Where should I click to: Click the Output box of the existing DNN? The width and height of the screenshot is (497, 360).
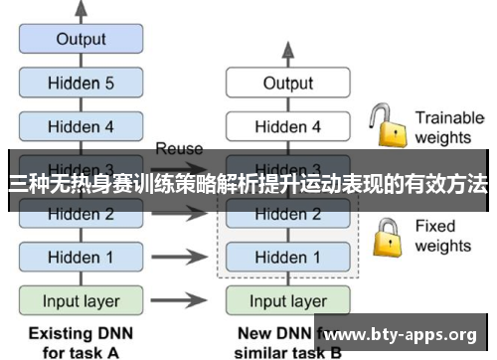tap(82, 41)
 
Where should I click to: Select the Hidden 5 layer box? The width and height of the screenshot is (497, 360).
tap(82, 85)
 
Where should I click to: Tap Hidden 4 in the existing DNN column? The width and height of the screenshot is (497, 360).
tap(82, 126)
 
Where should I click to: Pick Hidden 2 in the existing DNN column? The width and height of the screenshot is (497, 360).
tap(82, 214)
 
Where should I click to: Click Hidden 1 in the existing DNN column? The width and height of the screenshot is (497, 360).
tap(82, 258)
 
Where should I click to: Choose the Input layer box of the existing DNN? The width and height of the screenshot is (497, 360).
tap(82, 300)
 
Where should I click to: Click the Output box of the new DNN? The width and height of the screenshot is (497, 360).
tap(287, 85)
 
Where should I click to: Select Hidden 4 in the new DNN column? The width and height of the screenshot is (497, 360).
tap(287, 126)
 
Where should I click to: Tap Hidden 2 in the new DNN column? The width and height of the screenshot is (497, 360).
tap(287, 214)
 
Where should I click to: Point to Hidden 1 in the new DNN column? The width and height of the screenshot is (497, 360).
tap(287, 258)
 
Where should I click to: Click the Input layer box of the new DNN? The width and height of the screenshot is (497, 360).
tap(287, 300)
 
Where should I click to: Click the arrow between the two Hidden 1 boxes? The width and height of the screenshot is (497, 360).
tap(185, 258)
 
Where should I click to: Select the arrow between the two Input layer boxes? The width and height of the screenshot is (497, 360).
tap(185, 300)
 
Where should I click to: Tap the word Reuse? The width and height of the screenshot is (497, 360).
tap(180, 149)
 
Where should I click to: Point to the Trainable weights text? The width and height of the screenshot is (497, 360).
tap(448, 126)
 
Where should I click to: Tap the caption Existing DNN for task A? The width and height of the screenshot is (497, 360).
tap(82, 341)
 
